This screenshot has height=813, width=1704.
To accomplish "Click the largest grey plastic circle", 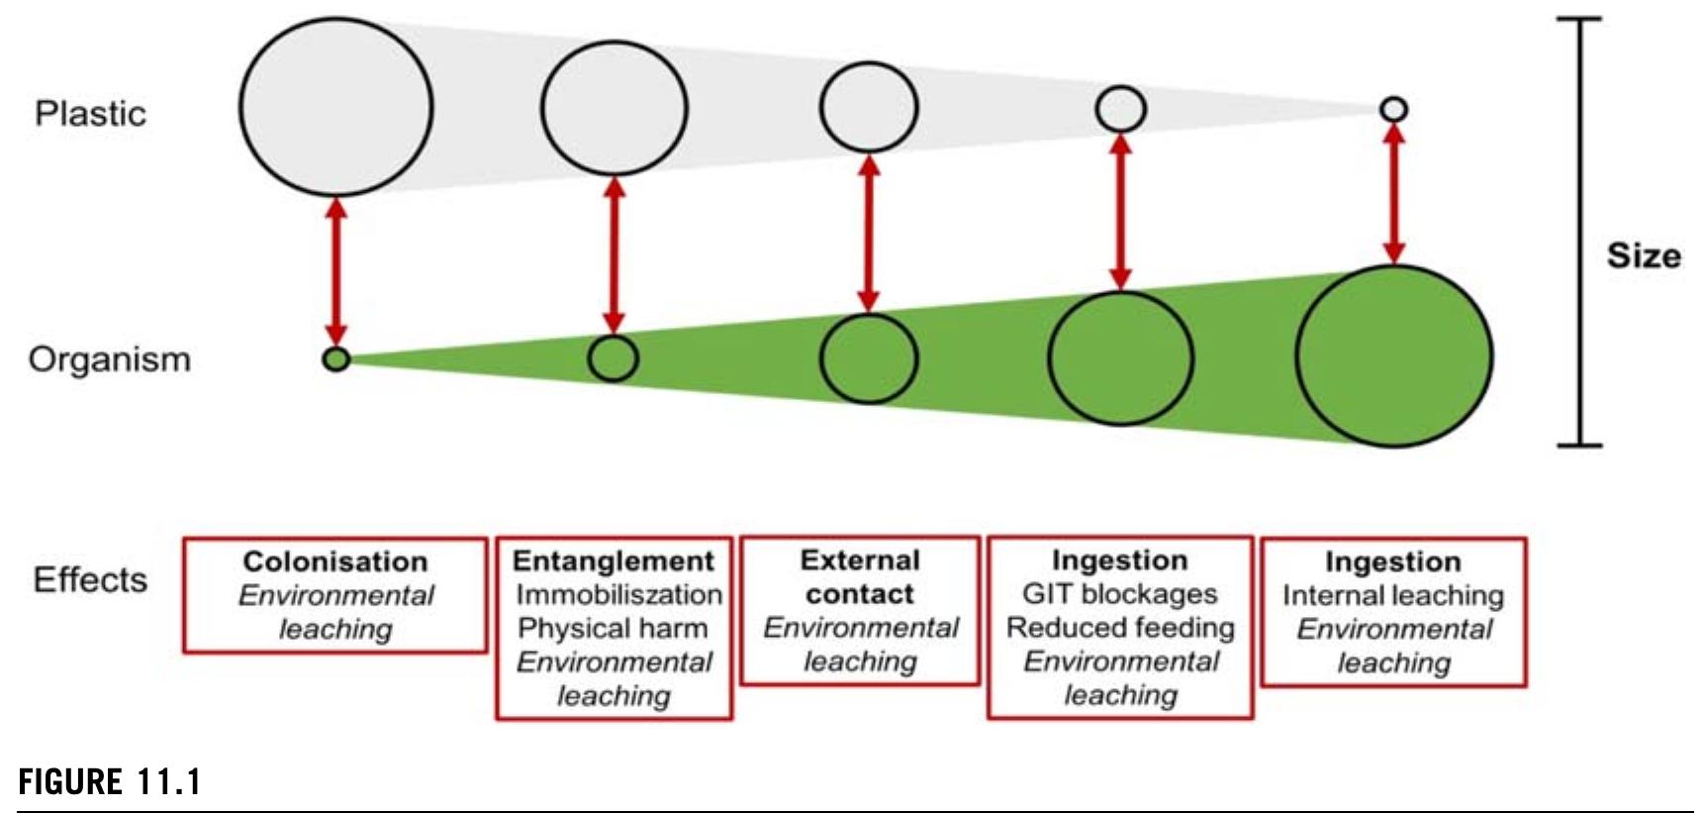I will tap(335, 107).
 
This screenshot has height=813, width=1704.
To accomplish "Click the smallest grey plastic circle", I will tap(1393, 109).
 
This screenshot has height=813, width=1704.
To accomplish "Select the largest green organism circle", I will tap(1393, 356).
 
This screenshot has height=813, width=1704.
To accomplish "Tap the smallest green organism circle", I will tap(336, 358).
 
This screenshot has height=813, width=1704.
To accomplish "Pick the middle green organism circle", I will tap(869, 358).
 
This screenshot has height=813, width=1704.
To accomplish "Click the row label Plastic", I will tap(90, 114).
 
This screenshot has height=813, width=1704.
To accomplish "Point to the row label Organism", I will tap(109, 358).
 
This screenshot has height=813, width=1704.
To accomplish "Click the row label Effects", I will tap(90, 579).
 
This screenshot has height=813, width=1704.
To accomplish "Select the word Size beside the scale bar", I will tap(1643, 255).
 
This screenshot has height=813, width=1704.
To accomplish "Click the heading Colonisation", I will tap(335, 561).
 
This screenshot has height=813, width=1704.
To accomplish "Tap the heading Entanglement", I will tap(613, 560).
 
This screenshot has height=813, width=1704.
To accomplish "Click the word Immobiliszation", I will tap(618, 594).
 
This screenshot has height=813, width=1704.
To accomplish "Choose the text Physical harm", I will tap(613, 628).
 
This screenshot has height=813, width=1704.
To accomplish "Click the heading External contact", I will tap(859, 576).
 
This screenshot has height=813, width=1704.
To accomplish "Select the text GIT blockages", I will tap(1119, 593).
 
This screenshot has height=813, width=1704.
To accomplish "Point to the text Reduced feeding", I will tap(1120, 627).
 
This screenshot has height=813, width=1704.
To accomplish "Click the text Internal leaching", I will tap(1392, 595).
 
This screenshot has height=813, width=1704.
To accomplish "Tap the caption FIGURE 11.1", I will tap(109, 782).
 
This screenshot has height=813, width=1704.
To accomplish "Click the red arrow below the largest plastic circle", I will tap(336, 269).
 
